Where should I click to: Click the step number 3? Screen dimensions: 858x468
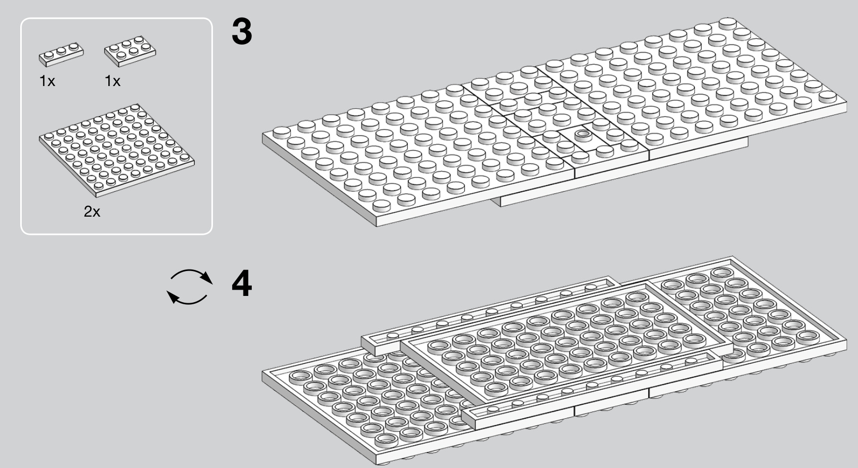(x=241, y=32)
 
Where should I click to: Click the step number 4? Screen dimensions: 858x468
(x=241, y=283)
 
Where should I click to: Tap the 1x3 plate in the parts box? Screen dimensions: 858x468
(x=61, y=54)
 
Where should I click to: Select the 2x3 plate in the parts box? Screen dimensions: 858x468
(x=130, y=51)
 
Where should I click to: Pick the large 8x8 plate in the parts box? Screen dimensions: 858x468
(x=117, y=150)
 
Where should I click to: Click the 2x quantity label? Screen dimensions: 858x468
(x=92, y=211)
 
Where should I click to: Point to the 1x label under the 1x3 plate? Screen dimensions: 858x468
(x=47, y=81)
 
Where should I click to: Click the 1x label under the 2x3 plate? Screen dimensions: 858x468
(x=112, y=81)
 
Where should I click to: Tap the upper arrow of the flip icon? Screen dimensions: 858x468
(x=192, y=275)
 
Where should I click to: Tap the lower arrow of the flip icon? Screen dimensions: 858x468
(x=187, y=298)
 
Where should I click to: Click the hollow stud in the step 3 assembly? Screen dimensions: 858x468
(x=583, y=135)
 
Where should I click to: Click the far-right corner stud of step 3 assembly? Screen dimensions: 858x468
(x=827, y=96)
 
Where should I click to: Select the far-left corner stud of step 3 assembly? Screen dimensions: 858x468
(x=281, y=133)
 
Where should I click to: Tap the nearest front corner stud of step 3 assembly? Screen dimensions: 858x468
(x=381, y=206)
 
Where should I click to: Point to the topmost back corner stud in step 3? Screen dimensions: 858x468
(x=727, y=23)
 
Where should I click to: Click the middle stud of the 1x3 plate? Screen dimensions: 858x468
(x=61, y=51)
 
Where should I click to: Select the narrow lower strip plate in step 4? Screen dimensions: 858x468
(x=592, y=387)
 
